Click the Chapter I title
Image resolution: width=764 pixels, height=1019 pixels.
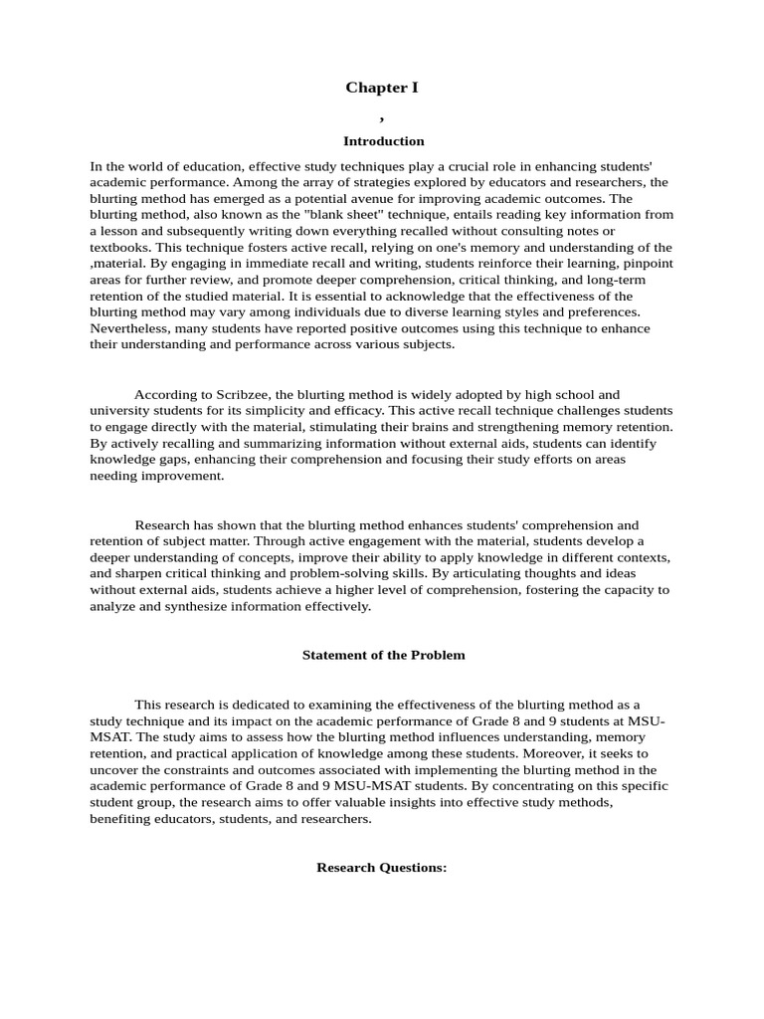point(382,88)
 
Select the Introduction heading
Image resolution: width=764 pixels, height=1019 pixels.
point(383,141)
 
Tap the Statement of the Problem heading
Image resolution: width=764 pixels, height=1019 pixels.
point(383,655)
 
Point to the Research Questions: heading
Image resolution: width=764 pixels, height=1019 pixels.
point(382,867)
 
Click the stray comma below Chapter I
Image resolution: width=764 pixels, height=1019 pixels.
point(381,116)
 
